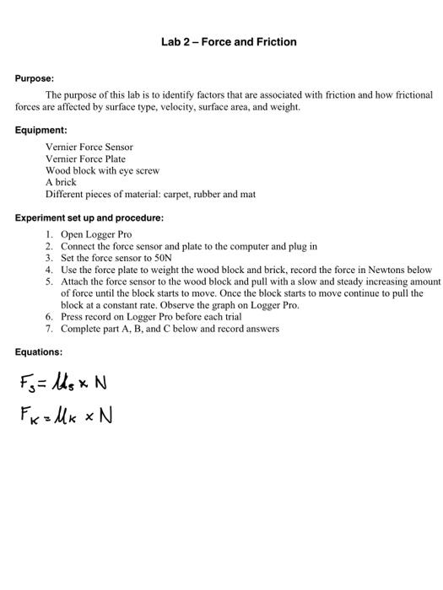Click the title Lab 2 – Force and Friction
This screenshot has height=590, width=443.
pyautogui.click(x=229, y=41)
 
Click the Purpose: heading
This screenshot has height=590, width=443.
pyautogui.click(x=35, y=78)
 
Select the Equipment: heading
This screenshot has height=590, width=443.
pyautogui.click(x=41, y=131)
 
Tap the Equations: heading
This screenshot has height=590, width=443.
pyautogui.click(x=39, y=351)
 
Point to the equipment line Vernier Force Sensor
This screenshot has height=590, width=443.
pyautogui.click(x=89, y=147)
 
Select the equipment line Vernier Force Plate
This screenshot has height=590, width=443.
pyautogui.click(x=85, y=158)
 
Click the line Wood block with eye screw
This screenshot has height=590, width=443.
pyautogui.click(x=102, y=170)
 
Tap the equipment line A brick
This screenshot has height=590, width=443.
pyautogui.click(x=61, y=182)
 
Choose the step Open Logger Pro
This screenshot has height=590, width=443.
pyautogui.click(x=96, y=234)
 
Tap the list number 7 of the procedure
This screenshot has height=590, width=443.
pyautogui.click(x=50, y=329)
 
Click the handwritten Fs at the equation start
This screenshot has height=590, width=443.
pyautogui.click(x=27, y=385)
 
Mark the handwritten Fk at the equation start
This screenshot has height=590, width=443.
pyautogui.click(x=30, y=416)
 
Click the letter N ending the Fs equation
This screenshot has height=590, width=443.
pyautogui.click(x=100, y=383)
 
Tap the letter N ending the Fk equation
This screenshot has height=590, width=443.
pyautogui.click(x=105, y=416)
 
